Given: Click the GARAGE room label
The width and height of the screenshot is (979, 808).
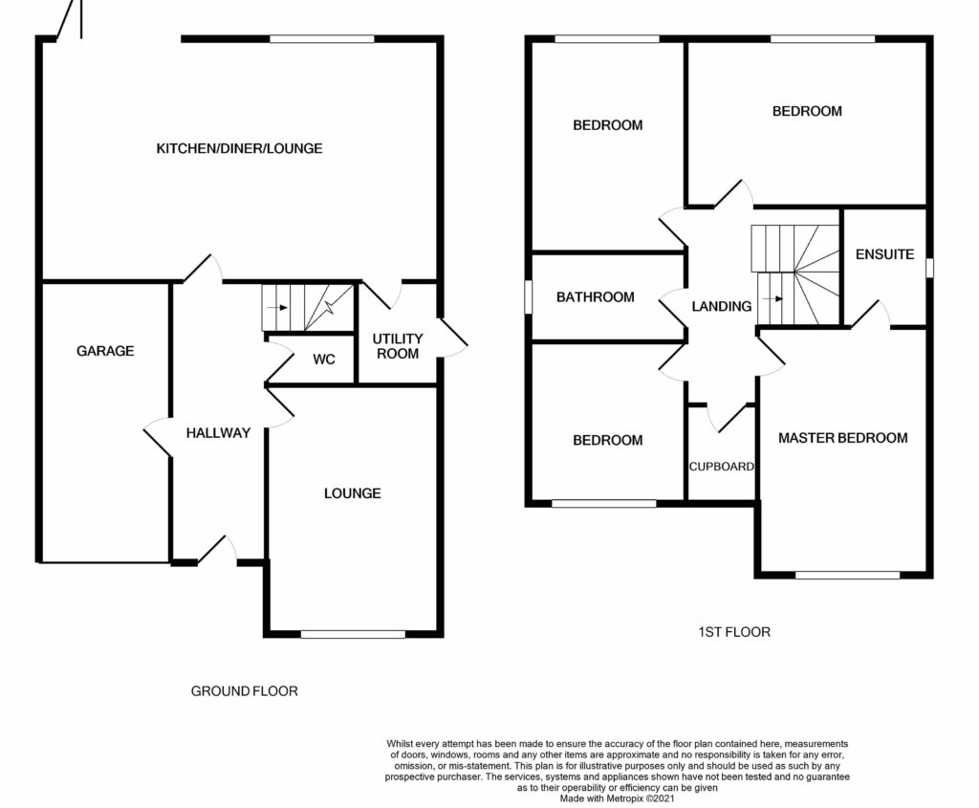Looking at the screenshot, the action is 105,351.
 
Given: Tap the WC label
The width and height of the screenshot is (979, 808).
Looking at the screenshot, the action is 323,360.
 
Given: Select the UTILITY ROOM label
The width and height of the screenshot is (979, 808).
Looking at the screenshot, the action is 398,346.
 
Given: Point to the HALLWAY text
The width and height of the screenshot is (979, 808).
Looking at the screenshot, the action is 218,433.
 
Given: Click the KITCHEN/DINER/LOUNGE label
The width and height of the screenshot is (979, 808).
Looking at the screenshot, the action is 239,148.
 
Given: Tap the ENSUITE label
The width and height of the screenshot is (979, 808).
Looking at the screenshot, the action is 884,254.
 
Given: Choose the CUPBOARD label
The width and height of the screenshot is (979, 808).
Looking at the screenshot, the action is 721,467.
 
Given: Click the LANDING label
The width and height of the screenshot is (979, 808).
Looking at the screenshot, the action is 721,306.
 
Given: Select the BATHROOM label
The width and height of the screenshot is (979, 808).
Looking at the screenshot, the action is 595,297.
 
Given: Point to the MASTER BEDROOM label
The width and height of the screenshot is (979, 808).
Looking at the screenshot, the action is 843,438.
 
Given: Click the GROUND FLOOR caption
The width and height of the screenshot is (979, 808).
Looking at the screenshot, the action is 244,691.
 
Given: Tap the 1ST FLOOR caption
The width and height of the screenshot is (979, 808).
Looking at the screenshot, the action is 734,632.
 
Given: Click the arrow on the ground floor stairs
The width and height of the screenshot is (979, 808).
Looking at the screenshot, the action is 276,307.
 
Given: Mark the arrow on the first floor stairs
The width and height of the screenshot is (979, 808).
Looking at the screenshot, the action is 772,299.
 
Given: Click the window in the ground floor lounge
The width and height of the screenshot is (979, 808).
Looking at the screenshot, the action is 353,634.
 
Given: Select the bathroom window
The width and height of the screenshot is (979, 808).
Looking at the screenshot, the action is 528,296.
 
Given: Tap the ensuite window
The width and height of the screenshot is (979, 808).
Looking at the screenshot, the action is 929,268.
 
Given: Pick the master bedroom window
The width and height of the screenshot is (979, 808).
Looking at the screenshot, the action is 847,575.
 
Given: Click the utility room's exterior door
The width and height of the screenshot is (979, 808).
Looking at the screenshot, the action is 453,338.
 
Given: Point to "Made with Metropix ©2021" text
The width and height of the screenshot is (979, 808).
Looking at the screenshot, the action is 617,798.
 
